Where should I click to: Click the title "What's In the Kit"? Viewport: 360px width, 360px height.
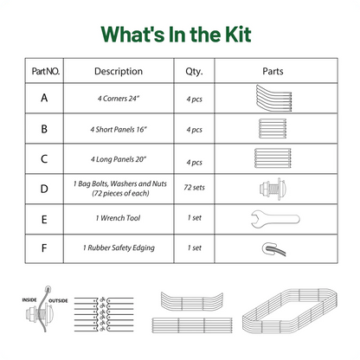176,35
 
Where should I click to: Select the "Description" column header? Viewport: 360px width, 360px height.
119,71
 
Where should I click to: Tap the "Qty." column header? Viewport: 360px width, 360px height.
194,72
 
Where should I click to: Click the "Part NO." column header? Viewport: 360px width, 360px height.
46,71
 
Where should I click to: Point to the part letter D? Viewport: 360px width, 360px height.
44,189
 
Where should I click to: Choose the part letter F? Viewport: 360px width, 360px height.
44,248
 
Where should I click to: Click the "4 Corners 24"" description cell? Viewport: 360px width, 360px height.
119,99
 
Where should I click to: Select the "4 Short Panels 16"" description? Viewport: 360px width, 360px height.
119,130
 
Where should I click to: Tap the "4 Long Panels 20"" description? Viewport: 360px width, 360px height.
119,159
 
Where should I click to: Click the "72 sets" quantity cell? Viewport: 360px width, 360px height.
194,188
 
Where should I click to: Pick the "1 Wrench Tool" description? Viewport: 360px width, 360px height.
118,218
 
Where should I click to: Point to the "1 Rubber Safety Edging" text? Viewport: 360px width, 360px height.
119,247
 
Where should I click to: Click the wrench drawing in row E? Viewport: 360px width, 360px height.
275,219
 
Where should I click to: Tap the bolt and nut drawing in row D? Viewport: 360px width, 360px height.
273,189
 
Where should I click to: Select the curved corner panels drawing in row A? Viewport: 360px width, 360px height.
273,98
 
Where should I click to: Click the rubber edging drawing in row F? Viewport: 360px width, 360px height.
273,249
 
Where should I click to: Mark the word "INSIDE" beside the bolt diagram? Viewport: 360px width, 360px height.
29,300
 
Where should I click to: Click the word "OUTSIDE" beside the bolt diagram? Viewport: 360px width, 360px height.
58,300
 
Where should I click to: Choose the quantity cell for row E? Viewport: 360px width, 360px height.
194,218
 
